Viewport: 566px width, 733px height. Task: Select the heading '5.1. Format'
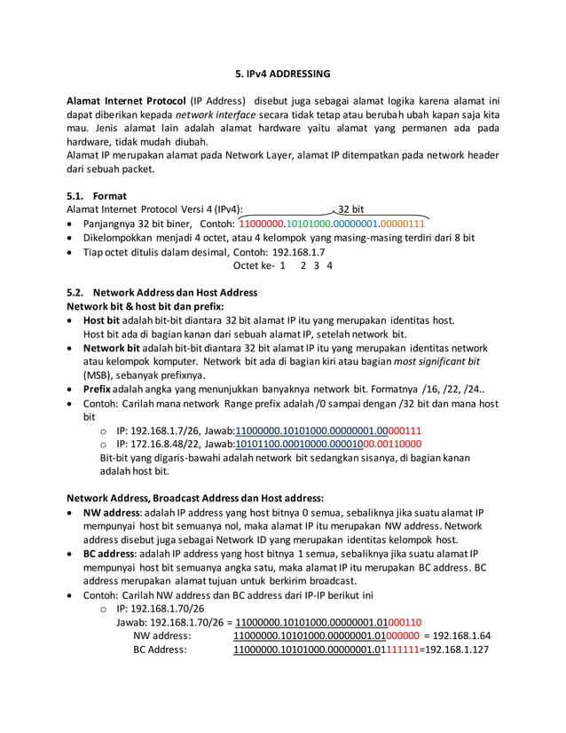click(x=98, y=195)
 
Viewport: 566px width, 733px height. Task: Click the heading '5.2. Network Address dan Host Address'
click(x=162, y=292)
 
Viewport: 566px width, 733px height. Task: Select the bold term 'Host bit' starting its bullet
click(x=102, y=319)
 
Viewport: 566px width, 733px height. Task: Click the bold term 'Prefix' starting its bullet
click(x=98, y=389)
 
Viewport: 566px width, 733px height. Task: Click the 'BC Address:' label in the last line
click(x=160, y=650)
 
